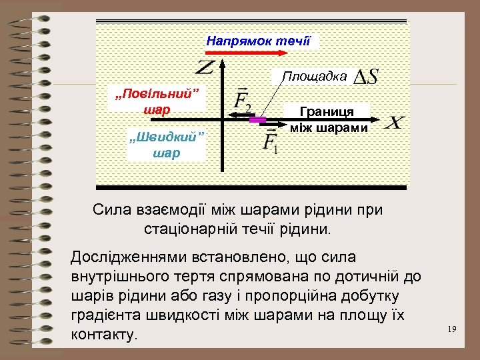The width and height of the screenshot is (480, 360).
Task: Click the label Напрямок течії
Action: tap(258, 41)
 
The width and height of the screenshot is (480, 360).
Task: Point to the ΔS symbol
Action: tap(365, 77)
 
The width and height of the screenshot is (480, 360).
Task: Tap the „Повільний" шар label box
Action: tap(157, 100)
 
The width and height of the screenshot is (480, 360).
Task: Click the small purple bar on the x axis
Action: tap(257, 120)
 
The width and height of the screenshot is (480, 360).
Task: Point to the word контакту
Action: tap(103, 334)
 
